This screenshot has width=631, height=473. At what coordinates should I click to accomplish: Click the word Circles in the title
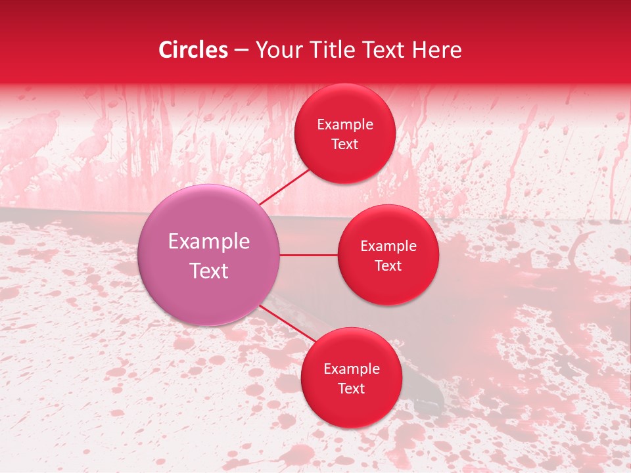tap(193, 50)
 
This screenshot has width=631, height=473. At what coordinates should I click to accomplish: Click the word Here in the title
tap(437, 50)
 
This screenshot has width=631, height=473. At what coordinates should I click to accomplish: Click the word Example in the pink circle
tap(209, 242)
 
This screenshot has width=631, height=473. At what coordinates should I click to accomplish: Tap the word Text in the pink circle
tap(209, 271)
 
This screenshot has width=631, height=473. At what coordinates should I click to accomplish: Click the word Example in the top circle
tap(345, 125)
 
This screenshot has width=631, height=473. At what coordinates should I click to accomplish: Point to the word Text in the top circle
tap(345, 145)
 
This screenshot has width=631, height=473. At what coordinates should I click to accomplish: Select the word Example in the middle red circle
tap(388, 246)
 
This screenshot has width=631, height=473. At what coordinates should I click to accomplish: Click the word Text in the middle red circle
tap(388, 265)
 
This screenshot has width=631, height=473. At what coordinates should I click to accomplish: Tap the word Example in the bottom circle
tap(351, 369)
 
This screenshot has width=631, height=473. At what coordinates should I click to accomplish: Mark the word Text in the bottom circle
tap(351, 388)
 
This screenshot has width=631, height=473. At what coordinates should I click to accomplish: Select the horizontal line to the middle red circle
tap(309, 255)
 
